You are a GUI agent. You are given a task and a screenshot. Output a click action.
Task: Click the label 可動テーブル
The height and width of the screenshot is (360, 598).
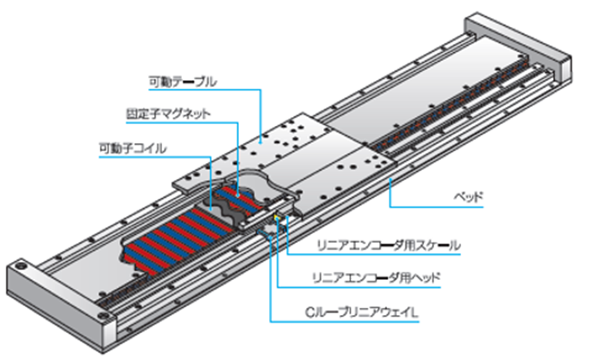(183, 81)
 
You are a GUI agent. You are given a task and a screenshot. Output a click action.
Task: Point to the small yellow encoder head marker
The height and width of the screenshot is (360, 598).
(276, 215)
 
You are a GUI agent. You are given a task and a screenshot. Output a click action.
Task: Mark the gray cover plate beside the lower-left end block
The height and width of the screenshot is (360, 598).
(87, 253)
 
